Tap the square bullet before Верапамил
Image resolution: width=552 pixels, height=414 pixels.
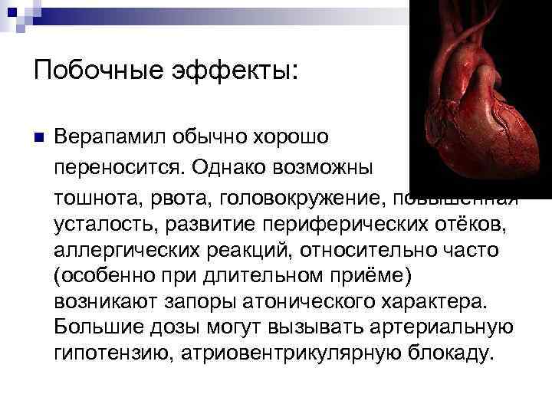(x=38, y=138)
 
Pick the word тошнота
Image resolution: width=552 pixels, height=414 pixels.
(x=93, y=199)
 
